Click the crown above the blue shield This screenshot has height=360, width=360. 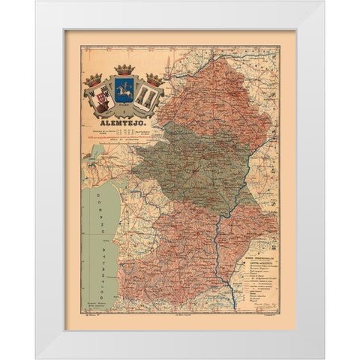[x=124, y=70]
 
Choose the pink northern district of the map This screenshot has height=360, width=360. [x=217, y=90]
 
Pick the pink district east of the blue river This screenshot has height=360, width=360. [x=251, y=225]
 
